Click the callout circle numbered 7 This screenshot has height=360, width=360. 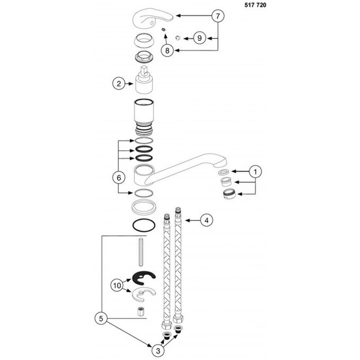(x=218, y=16)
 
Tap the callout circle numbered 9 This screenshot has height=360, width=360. (x=199, y=38)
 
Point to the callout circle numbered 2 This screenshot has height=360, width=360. (x=118, y=83)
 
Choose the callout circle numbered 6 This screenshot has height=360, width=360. (x=118, y=178)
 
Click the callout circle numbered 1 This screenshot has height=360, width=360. (x=255, y=171)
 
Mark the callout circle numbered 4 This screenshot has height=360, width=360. (x=206, y=220)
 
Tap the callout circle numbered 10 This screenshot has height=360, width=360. (x=117, y=284)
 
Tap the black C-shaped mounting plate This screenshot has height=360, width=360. (x=144, y=280)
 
